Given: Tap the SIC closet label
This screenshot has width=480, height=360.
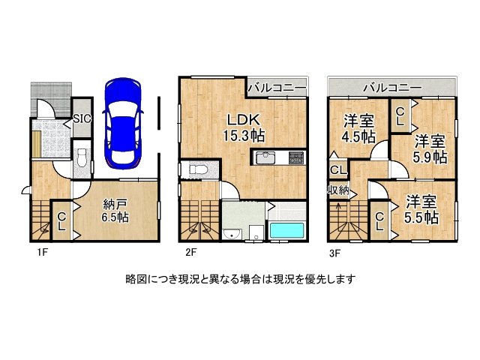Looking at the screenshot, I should pyautogui.click(x=82, y=118).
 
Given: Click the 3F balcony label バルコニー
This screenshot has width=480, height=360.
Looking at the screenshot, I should pyautogui.click(x=391, y=88).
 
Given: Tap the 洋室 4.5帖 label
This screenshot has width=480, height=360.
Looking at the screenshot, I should pyautogui.click(x=359, y=128).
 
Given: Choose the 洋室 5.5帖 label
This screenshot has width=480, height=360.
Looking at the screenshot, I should pyautogui.click(x=422, y=209).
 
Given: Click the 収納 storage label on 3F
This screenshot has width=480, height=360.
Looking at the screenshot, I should pyautogui.click(x=337, y=190).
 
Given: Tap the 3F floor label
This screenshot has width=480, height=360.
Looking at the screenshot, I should pyautogui.click(x=335, y=252).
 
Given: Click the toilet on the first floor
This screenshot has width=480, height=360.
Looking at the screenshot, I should pyautogui.click(x=82, y=160).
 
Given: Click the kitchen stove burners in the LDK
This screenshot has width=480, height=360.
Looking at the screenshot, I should pyautogui.click(x=295, y=157).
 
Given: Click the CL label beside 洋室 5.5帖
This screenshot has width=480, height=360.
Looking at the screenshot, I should pyautogui.click(x=379, y=221).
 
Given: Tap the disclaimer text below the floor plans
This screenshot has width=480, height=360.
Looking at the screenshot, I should pyautogui.click(x=240, y=279).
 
